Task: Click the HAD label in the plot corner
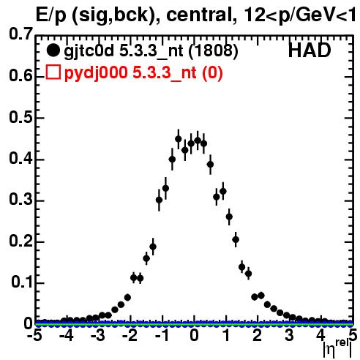pyautogui.click(x=310, y=50)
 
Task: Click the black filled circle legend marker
pyautogui.click(x=53, y=50)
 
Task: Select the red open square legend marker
pyautogui.click(x=53, y=72)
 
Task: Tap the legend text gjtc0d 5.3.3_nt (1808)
pyautogui.click(x=151, y=51)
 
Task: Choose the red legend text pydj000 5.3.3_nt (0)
pyautogui.click(x=143, y=72)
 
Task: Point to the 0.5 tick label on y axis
pyautogui.click(x=20, y=117)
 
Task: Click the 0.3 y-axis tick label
pyautogui.click(x=20, y=200)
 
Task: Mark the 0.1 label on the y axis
pyautogui.click(x=21, y=282)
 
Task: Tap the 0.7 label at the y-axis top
pyautogui.click(x=20, y=34)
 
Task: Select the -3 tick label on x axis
pyautogui.click(x=98, y=335)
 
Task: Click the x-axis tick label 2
pyautogui.click(x=258, y=335)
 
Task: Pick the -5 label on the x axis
pyautogui.click(x=34, y=335)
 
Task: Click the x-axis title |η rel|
pyautogui.click(x=337, y=349)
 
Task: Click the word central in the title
pyautogui.click(x=199, y=15)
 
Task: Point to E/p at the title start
pyautogui.click(x=51, y=16)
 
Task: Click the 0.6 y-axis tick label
pyautogui.click(x=20, y=76)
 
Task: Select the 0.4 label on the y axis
pyautogui.click(x=20, y=159)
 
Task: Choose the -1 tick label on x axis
pyautogui.click(x=162, y=335)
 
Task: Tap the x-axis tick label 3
pyautogui.click(x=289, y=335)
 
